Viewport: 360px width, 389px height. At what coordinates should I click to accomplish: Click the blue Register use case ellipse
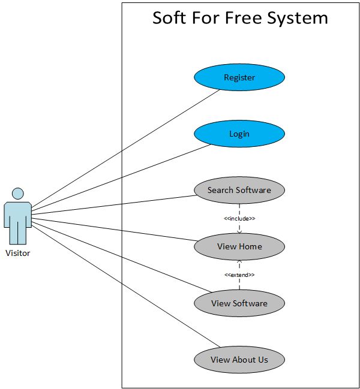pyautogui.click(x=239, y=77)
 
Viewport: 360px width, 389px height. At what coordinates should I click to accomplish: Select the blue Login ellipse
pyautogui.click(x=239, y=134)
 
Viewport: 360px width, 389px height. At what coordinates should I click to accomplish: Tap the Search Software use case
pyautogui.click(x=239, y=190)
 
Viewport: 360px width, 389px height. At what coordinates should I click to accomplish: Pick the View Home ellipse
pyautogui.click(x=239, y=246)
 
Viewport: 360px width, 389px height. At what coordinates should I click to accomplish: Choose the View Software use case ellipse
pyautogui.click(x=239, y=303)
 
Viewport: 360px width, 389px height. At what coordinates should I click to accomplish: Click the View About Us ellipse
pyautogui.click(x=239, y=360)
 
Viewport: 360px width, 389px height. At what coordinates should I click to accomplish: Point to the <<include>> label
pyautogui.click(x=239, y=218)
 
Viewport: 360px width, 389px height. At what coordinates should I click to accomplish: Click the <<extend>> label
pyautogui.click(x=239, y=275)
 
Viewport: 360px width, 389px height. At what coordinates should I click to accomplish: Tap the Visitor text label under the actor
pyautogui.click(x=17, y=253)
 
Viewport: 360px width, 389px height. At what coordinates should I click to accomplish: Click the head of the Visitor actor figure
pyautogui.click(x=18, y=194)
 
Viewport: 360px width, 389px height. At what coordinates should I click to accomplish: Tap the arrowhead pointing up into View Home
pyautogui.click(x=239, y=261)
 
